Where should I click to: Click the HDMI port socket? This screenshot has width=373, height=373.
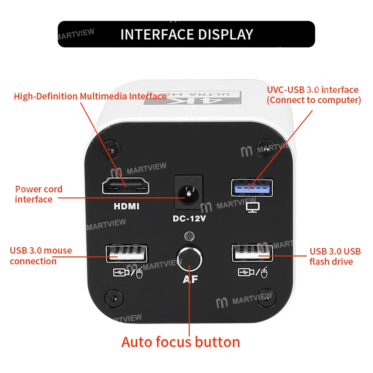(126, 185)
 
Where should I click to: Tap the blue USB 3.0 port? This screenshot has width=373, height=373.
(252, 188)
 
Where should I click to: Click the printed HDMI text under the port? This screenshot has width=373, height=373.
(126, 206)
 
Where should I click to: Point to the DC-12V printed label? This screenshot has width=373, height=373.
(189, 219)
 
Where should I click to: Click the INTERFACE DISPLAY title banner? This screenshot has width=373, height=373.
(186, 34)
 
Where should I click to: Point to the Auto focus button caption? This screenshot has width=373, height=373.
(181, 342)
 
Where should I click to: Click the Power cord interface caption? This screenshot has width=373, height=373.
(38, 194)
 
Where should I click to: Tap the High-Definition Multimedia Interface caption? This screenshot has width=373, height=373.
(90, 96)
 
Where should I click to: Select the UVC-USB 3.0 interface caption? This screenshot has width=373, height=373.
(313, 95)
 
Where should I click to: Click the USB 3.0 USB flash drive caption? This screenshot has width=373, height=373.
(335, 256)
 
